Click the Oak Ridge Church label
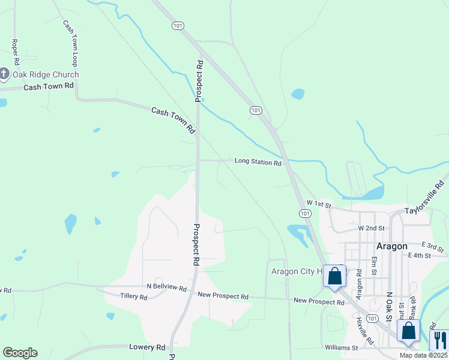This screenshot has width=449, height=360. pyautogui.click(x=46, y=74)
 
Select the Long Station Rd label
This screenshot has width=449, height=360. pyautogui.click(x=258, y=161)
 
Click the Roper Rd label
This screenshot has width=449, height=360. pyautogui.click(x=15, y=52)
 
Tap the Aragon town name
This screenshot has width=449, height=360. pyautogui.click(x=391, y=246)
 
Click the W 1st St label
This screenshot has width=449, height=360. pyautogui.click(x=319, y=204)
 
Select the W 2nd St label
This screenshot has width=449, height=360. pyautogui.click(x=370, y=228)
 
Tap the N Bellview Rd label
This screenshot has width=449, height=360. pyautogui.click(x=166, y=287)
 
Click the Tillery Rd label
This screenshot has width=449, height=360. pyautogui.click(x=133, y=296)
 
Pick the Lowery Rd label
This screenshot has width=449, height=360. pyautogui.click(x=147, y=347)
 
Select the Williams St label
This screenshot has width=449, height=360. pyautogui.click(x=342, y=347)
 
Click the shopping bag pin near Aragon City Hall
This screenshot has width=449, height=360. pyautogui.click(x=335, y=277)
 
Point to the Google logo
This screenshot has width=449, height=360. pyautogui.click(x=20, y=353)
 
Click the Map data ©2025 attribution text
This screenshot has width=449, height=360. pyautogui.click(x=423, y=355)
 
